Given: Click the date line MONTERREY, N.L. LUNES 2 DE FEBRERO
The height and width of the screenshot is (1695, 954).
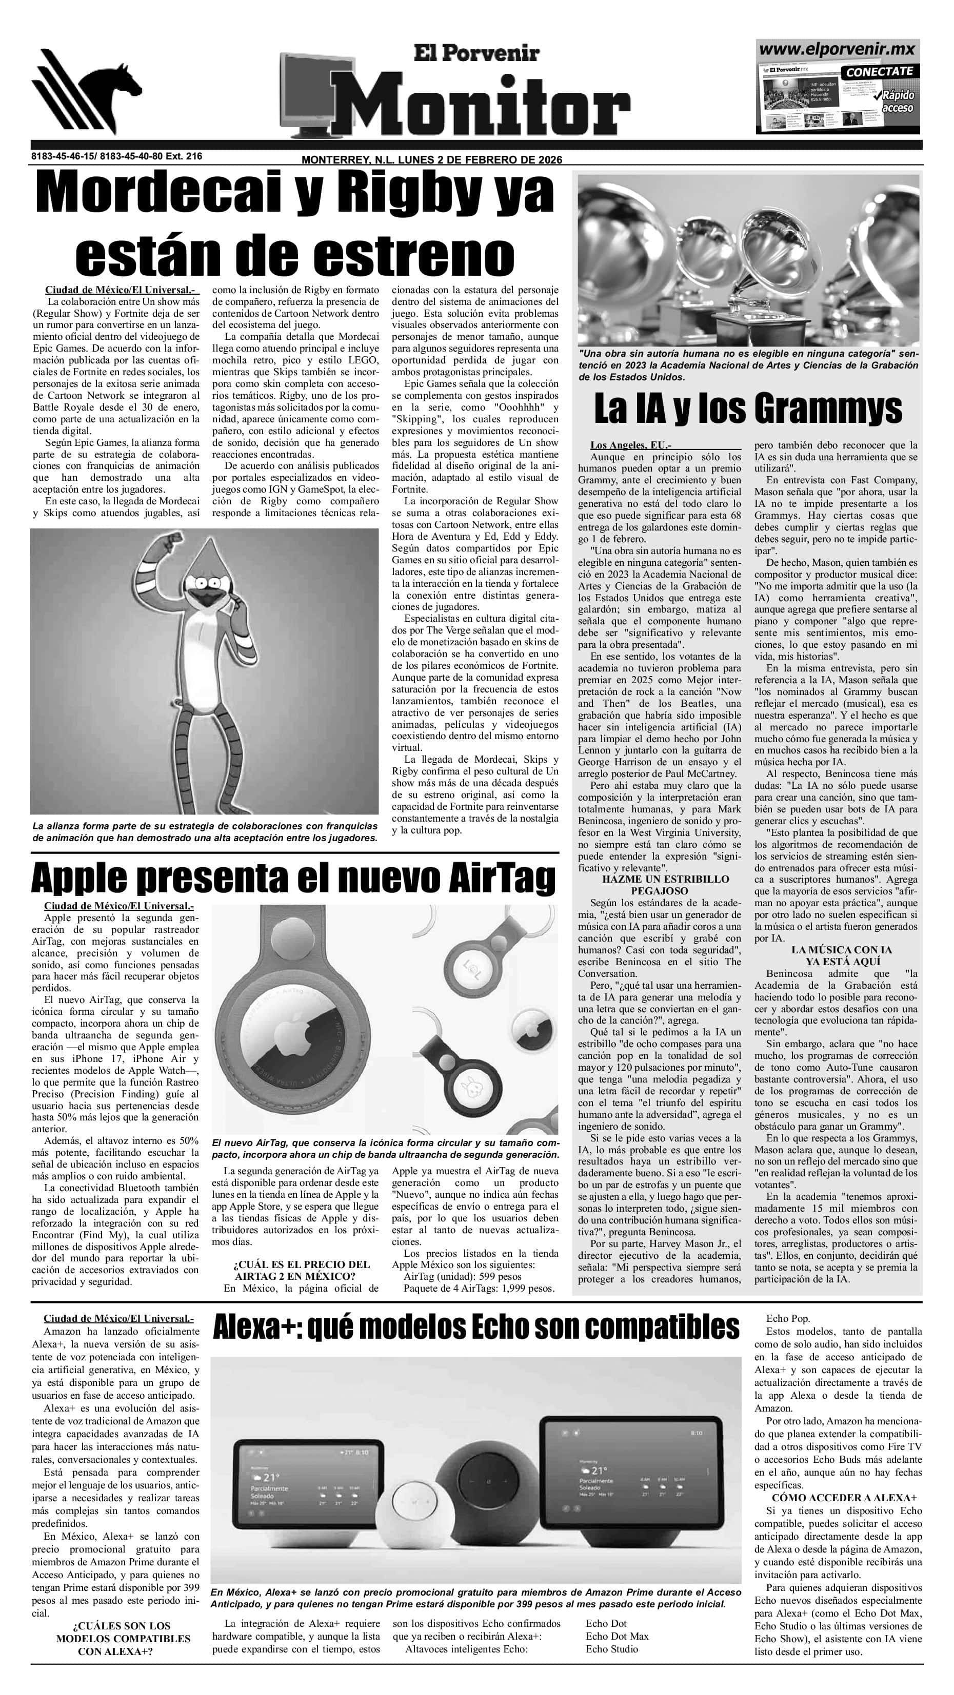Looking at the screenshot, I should coord(431,160).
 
